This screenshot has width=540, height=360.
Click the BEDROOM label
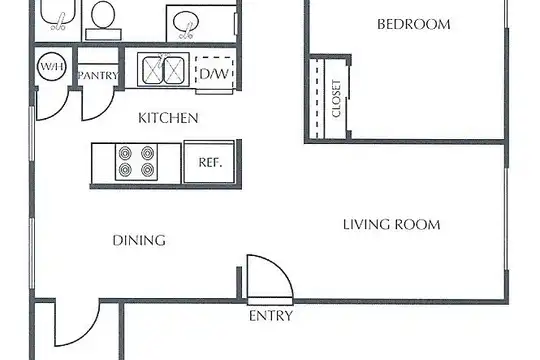[x=414, y=24]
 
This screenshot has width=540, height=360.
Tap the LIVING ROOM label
[x=392, y=225]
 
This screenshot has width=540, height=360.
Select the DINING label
[x=139, y=240]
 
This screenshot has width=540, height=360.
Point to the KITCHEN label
[x=168, y=118]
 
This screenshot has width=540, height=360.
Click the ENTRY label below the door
[x=271, y=316]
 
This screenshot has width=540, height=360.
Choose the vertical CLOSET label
[x=336, y=99]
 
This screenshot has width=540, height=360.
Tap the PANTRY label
[x=98, y=75]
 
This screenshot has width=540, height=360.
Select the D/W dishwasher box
[x=215, y=73]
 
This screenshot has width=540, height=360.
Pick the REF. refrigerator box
[x=209, y=162]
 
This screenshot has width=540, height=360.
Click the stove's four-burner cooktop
[x=136, y=162]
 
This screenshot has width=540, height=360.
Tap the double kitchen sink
[x=163, y=70]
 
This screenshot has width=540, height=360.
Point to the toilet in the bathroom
[x=103, y=19]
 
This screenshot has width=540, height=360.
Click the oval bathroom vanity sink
[x=186, y=22]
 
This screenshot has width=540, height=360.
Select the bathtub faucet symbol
[x=59, y=22]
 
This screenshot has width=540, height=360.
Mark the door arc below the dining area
[x=90, y=332]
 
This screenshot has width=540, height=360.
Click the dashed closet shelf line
[x=317, y=99]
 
